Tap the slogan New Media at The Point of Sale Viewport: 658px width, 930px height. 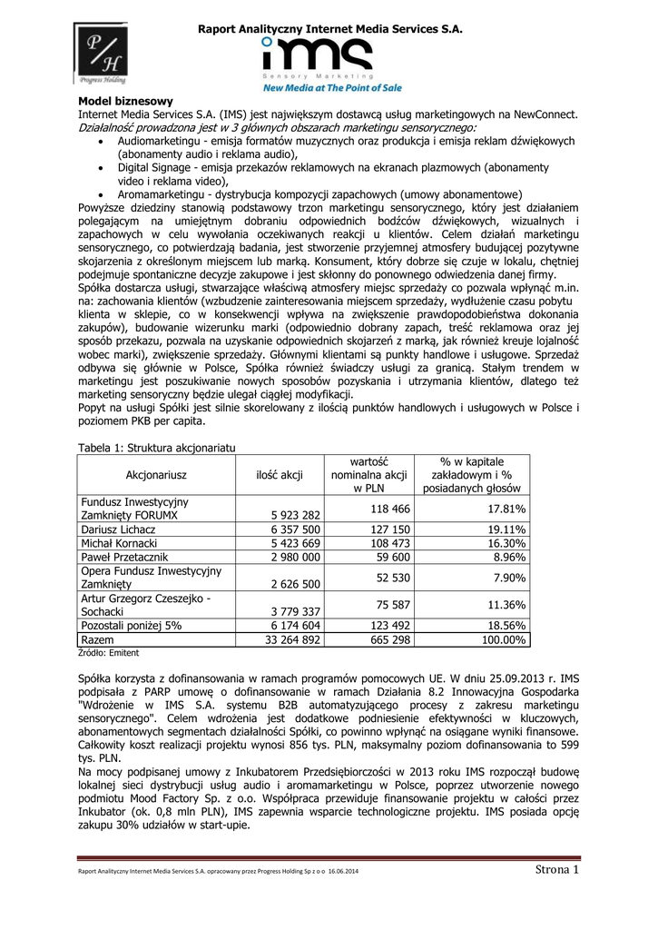tap(332, 88)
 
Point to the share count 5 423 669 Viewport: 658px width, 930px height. tap(291, 542)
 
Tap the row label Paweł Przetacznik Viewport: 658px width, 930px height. tap(124, 557)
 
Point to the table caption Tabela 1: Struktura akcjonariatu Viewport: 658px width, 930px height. tap(158, 447)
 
